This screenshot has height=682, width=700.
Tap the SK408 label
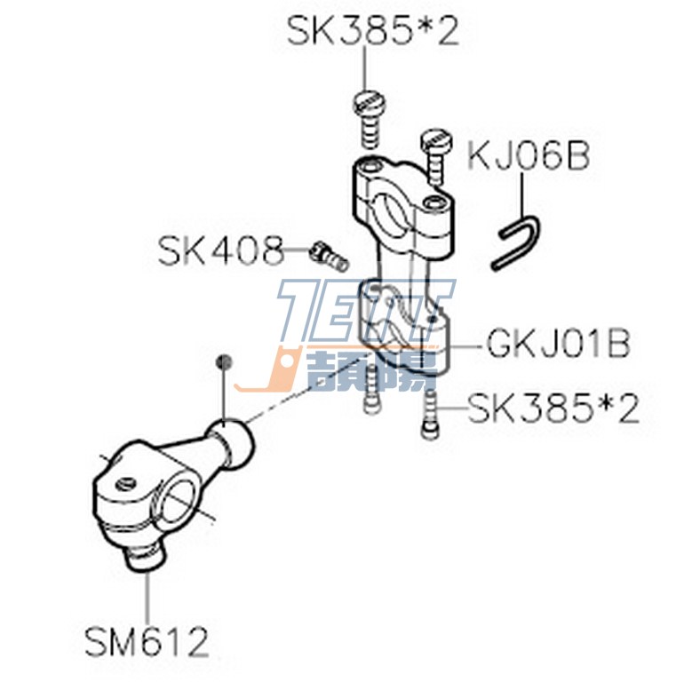pyautogui.click(x=220, y=251)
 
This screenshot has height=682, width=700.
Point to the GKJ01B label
pyautogui.click(x=558, y=344)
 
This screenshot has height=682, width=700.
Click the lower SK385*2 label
pyautogui.click(x=553, y=410)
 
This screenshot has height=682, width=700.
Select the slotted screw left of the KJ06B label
pyautogui.click(x=434, y=151)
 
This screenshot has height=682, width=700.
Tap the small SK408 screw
pyautogui.click(x=325, y=254)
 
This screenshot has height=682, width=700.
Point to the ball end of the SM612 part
pyautogui.click(x=232, y=439)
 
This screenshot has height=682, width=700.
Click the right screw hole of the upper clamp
pyautogui.click(x=433, y=203)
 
